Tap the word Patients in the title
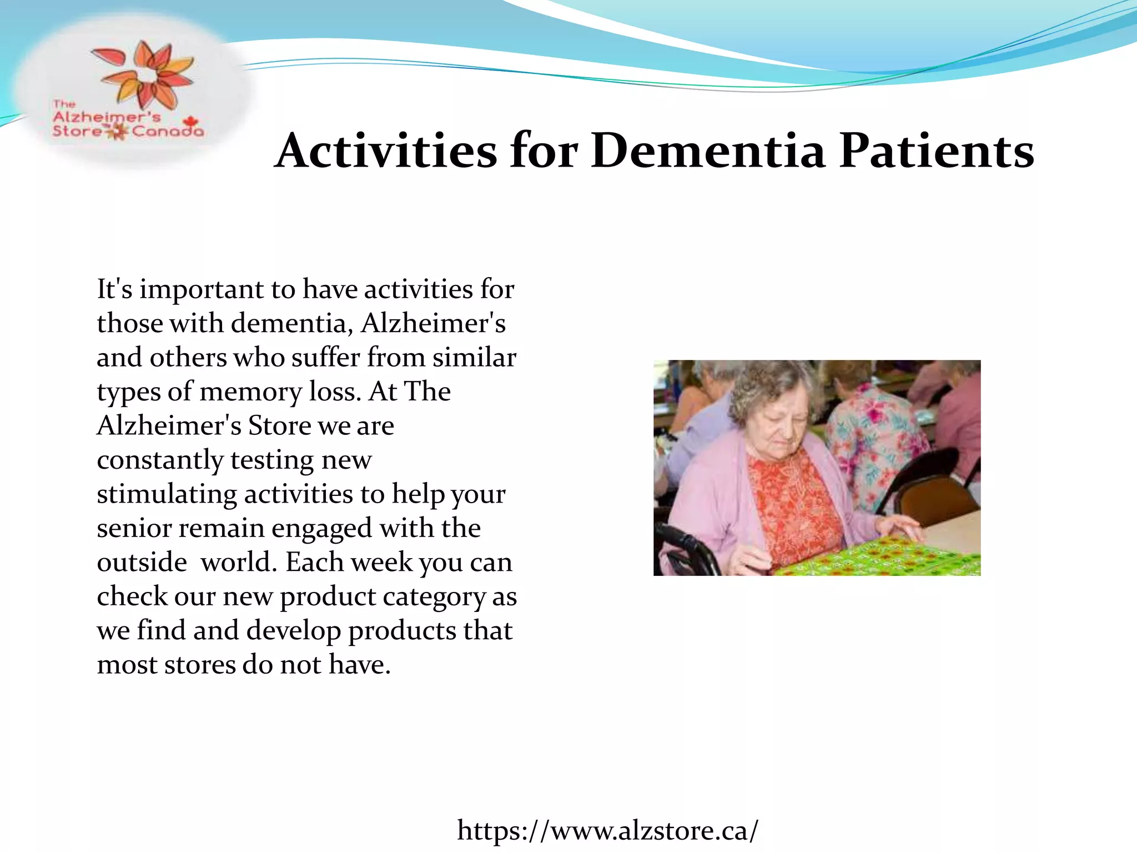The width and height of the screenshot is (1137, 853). pos(937,151)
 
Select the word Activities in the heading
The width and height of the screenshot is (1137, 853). pos(386,151)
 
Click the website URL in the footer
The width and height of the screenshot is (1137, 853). pos(607,831)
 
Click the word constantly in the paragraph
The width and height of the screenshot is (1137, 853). pos(160,460)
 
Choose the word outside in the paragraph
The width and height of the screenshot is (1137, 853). pos(142,562)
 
